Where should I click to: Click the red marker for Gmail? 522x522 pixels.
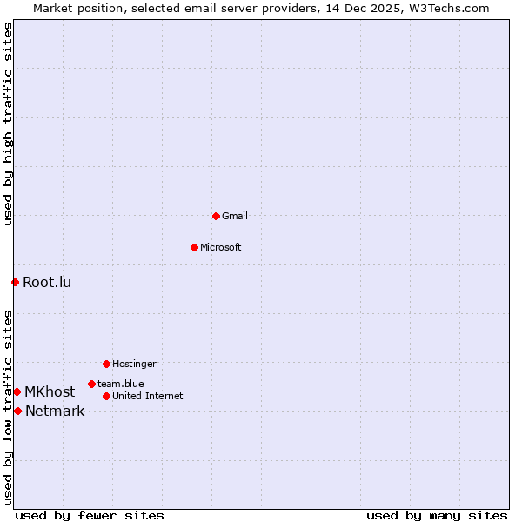(x=216, y=216)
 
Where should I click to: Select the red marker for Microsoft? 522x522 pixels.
(x=194, y=247)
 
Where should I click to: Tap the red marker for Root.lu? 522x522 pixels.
(x=15, y=282)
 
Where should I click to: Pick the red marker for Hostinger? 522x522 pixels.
(x=106, y=364)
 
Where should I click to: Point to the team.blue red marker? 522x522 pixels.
(x=91, y=384)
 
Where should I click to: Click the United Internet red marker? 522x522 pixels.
(x=106, y=396)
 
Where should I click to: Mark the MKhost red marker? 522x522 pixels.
(x=17, y=391)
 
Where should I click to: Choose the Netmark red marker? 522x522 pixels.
(x=17, y=411)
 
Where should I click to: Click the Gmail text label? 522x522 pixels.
(x=235, y=216)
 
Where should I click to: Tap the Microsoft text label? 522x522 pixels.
(x=221, y=247)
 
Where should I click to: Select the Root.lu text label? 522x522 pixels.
(x=47, y=282)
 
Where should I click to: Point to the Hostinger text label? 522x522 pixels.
(x=134, y=364)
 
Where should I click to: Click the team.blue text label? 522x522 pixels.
(x=121, y=384)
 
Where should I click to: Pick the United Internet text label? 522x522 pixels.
(x=148, y=396)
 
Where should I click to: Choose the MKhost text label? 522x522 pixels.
(x=50, y=391)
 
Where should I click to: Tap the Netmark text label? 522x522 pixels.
(x=55, y=411)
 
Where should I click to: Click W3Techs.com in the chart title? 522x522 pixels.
(x=450, y=8)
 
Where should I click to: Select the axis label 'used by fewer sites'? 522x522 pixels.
(x=90, y=515)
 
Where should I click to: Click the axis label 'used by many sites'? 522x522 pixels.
(x=437, y=515)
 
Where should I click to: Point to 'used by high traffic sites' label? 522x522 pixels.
(x=8, y=124)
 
